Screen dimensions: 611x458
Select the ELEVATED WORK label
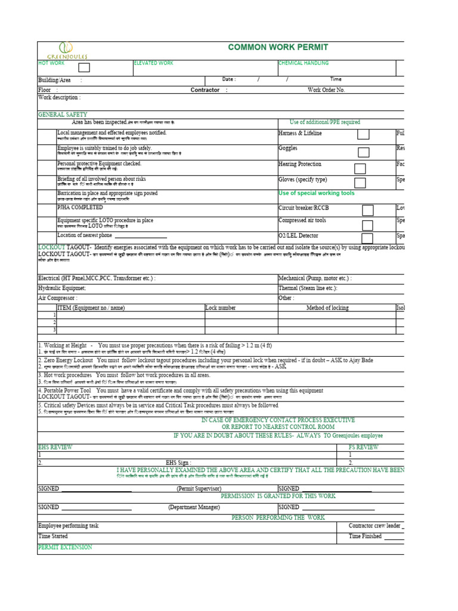153,63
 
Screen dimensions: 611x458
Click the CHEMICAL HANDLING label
303,63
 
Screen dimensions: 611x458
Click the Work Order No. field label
326,90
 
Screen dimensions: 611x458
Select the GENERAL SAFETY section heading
63,114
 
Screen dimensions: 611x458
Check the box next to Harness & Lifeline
363,135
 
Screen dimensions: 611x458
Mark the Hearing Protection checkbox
360,169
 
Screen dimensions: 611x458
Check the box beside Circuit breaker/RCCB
368,210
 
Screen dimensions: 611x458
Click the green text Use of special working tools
316,193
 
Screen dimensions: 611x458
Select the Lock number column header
220,308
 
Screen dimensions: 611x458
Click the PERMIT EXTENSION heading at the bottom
65,547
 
